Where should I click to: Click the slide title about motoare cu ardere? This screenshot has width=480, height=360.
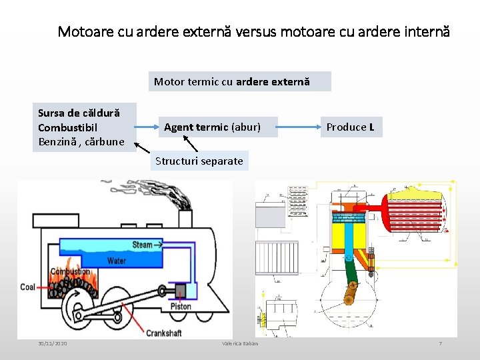click(253, 31)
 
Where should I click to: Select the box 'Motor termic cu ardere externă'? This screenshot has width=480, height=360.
click(239, 81)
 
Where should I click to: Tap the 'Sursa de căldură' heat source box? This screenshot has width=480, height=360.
click(84, 127)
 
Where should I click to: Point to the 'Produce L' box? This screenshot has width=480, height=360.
click(350, 127)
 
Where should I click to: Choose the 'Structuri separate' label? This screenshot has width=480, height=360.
click(199, 161)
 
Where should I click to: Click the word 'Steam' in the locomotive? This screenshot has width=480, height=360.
click(142, 245)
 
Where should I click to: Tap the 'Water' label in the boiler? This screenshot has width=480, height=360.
click(117, 261)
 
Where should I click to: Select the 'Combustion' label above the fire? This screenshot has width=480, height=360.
click(70, 271)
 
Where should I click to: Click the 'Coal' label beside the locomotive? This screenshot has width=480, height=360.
click(27, 287)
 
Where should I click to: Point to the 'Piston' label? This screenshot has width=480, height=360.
click(180, 307)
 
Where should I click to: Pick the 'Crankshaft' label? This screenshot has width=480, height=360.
click(165, 333)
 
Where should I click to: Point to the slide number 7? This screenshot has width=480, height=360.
click(440, 343)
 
